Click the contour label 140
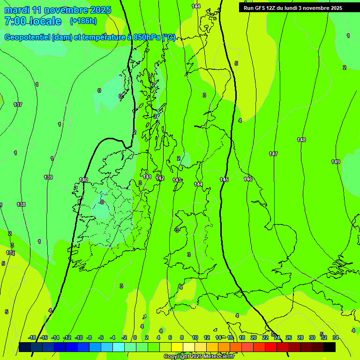83,180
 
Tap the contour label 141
147,177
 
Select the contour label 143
177,180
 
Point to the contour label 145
224,180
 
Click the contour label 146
248,179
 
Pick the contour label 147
273,154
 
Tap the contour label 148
301,140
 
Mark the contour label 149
336,162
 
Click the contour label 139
48,177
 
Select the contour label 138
21,204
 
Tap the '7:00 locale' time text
33,21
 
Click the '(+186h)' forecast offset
83,21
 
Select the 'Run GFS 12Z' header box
292,7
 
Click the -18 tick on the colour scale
32,337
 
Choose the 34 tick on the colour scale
336,337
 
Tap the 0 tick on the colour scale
135,337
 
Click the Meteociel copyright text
199,356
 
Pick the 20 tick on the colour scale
253,337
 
